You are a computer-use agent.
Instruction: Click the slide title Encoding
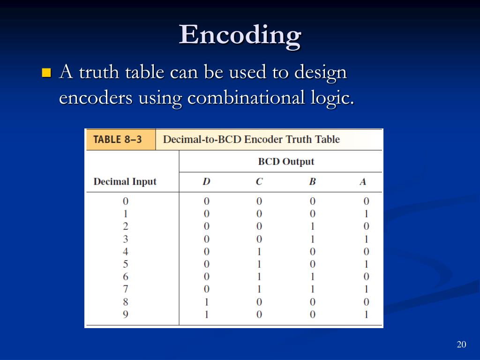pyautogui.click(x=240, y=35)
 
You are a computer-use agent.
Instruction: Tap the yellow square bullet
pyautogui.click(x=46, y=73)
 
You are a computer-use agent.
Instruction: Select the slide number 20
pyautogui.click(x=461, y=345)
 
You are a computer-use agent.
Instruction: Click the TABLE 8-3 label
pyautogui.click(x=118, y=140)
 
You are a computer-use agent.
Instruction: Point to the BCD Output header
pyautogui.click(x=286, y=162)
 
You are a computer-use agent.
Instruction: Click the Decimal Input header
pyautogui.click(x=125, y=182)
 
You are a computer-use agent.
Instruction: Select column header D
pyautogui.click(x=206, y=182)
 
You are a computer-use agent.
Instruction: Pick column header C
pyautogui.click(x=259, y=182)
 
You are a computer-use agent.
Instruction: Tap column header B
pyautogui.click(x=312, y=182)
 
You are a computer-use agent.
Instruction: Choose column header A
pyautogui.click(x=363, y=182)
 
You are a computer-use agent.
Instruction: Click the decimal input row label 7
pyautogui.click(x=126, y=289)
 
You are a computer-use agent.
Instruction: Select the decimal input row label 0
pyautogui.click(x=126, y=202)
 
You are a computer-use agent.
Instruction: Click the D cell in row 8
pyautogui.click(x=206, y=302)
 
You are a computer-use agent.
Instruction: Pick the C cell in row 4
pyautogui.click(x=259, y=252)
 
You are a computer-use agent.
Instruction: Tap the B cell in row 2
pyautogui.click(x=312, y=226)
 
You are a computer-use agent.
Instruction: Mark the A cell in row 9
pyautogui.click(x=366, y=315)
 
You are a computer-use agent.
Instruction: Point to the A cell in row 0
pyautogui.click(x=366, y=202)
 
